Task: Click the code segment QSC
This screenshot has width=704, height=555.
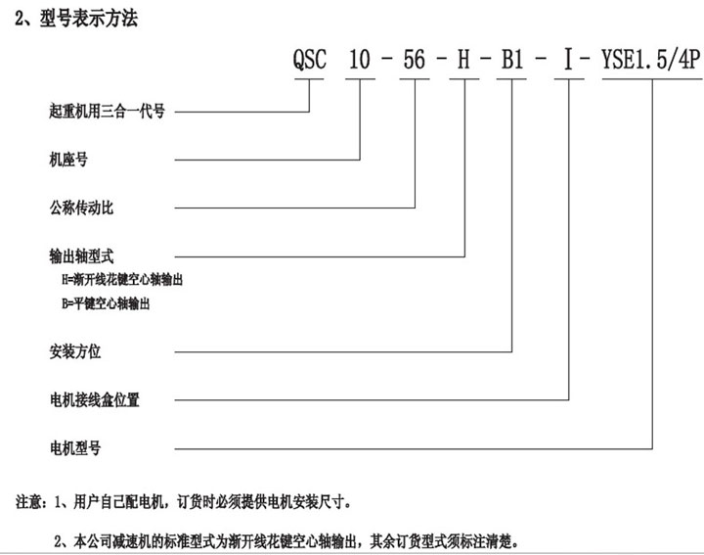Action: (x=309, y=59)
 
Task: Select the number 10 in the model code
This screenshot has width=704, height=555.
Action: (x=360, y=59)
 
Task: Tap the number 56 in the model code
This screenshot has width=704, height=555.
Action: (x=414, y=59)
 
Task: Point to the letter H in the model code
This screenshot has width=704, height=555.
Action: (x=463, y=59)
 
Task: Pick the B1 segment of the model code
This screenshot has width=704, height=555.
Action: (x=512, y=59)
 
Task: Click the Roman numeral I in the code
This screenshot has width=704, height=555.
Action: (x=568, y=60)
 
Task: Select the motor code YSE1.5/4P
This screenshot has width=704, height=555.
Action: (x=651, y=59)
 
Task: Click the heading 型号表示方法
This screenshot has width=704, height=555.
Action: (x=88, y=19)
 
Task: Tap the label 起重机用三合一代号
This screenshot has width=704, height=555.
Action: (x=107, y=111)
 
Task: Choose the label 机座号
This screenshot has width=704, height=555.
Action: (x=68, y=160)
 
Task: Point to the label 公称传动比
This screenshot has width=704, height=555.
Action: (x=81, y=208)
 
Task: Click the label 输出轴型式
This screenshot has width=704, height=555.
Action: (x=81, y=256)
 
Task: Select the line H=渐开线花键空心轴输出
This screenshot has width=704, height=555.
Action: (x=122, y=280)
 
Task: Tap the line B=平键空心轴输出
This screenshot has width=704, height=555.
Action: (x=106, y=303)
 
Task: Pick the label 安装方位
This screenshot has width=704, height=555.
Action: (x=75, y=351)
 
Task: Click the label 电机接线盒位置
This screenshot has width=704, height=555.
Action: (x=94, y=399)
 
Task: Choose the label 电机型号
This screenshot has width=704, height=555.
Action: (x=75, y=448)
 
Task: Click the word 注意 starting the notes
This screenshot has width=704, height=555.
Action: (x=28, y=501)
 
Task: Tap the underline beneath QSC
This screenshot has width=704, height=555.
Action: (x=309, y=79)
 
